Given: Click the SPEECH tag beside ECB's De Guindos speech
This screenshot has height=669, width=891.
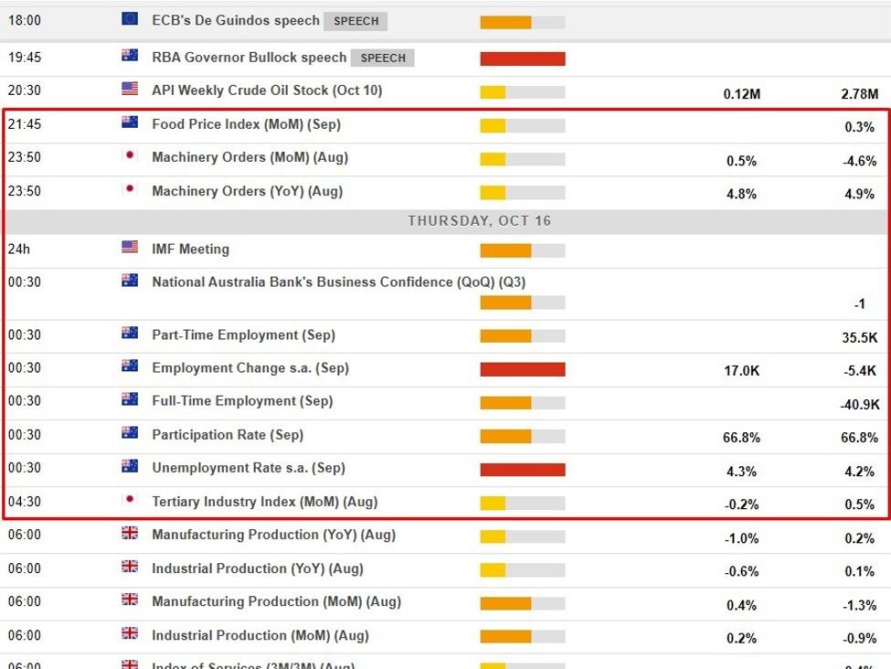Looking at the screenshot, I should click(355, 20).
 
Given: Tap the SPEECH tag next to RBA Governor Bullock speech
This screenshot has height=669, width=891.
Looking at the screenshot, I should click(383, 58).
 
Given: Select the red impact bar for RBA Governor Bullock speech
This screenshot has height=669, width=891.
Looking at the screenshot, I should click(522, 58).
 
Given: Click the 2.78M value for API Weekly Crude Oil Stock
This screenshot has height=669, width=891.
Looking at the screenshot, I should click(859, 94).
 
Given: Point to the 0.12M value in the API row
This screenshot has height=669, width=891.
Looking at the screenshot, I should click(741, 94).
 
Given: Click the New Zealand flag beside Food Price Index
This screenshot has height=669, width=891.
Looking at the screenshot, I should click(130, 122).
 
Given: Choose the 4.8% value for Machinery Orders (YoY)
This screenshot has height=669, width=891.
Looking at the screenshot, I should click(741, 194).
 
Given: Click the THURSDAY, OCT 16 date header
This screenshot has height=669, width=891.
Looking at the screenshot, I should click(479, 221).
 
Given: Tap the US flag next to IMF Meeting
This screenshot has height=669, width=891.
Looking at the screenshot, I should click(130, 247).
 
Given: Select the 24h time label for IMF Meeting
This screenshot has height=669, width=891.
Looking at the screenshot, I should click(18, 249).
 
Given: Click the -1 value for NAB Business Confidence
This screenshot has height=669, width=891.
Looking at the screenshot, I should click(859, 303).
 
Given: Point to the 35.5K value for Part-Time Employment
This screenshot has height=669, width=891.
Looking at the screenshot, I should click(859, 337).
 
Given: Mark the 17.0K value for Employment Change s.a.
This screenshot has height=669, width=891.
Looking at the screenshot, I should click(741, 371).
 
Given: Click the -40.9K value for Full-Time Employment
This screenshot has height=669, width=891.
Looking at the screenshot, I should click(859, 404).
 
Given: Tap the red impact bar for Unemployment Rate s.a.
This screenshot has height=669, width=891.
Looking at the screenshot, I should click(522, 470).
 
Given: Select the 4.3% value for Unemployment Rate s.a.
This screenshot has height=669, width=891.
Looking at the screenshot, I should click(741, 472).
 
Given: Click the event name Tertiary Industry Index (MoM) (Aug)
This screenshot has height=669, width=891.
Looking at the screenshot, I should click(264, 501).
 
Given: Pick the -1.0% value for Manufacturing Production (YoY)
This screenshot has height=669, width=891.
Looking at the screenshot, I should click(741, 538).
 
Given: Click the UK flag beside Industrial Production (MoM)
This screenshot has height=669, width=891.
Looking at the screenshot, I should click(130, 633).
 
